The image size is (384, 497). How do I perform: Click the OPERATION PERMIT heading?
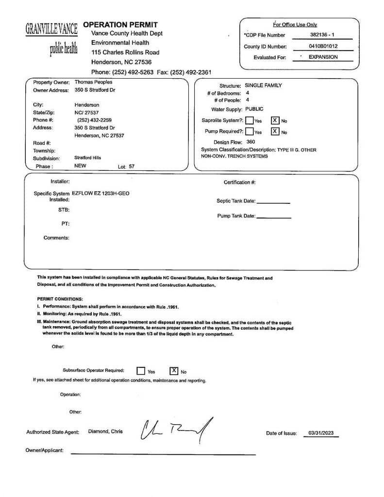point(120,24)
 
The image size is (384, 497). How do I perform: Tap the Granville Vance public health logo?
point(51,38)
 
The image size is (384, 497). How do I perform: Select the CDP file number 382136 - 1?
point(322,35)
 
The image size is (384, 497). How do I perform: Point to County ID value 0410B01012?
point(323,47)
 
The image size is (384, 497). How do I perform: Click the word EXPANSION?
point(323,57)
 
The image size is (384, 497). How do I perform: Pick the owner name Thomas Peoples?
point(93,83)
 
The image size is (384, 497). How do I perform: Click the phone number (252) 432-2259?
point(94,120)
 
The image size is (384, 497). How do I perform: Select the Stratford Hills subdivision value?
point(88,158)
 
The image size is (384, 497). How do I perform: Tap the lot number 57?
point(132,166)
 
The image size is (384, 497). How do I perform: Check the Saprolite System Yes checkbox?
point(249,120)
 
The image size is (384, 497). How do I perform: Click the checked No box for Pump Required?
point(275,132)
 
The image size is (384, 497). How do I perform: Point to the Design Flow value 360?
point(250,142)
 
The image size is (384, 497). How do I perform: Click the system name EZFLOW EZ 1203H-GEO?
point(100,193)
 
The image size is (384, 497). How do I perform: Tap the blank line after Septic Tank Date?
point(273,201)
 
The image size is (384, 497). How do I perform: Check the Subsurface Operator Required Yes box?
point(141,371)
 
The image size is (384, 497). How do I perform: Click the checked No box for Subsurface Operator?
point(174,371)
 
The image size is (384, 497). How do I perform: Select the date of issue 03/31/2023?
point(321,433)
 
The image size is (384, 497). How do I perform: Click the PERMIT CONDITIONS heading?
point(60,299)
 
